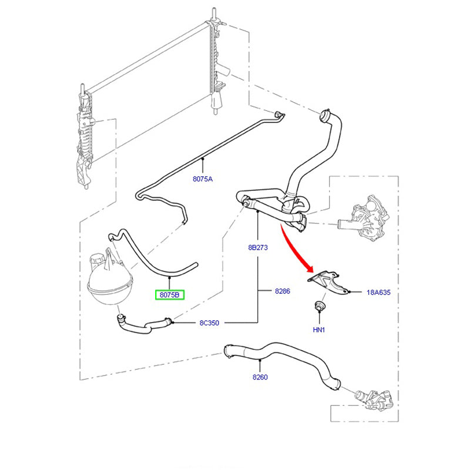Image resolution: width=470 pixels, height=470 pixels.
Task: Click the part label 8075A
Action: [x=203, y=179]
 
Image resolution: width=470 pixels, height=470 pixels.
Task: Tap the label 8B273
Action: [x=257, y=248]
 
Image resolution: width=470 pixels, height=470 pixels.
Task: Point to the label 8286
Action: [x=283, y=291]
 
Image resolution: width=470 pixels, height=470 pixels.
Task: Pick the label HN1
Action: [x=319, y=330]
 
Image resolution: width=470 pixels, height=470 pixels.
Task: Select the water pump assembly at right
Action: [x=367, y=220]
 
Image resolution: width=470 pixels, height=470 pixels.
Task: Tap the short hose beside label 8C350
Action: [x=141, y=324]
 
